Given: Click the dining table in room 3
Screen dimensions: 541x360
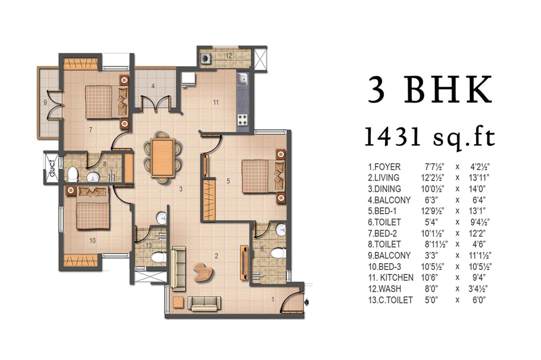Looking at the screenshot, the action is click(x=162, y=158).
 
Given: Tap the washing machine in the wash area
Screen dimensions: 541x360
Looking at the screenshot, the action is click(x=206, y=58).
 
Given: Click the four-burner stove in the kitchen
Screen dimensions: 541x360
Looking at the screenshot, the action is click(x=242, y=119).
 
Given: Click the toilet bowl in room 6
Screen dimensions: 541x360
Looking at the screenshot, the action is click(x=278, y=253).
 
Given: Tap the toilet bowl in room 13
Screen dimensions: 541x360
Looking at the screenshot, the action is click(x=158, y=258).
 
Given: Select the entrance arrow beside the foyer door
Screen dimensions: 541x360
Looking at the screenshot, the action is click(x=306, y=302).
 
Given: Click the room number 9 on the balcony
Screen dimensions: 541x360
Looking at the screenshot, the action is click(x=45, y=102).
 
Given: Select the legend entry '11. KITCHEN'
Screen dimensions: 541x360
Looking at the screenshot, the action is click(x=391, y=277).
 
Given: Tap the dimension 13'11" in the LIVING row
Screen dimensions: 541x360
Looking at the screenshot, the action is click(x=480, y=178).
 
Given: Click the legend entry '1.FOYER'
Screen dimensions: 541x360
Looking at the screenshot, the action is click(x=384, y=167).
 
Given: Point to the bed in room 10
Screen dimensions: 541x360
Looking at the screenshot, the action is click(x=92, y=208).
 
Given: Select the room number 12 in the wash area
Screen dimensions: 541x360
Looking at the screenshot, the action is click(x=229, y=56).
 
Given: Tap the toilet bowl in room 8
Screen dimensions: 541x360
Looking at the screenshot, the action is click(x=73, y=174).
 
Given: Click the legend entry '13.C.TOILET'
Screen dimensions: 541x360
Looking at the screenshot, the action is click(x=390, y=300).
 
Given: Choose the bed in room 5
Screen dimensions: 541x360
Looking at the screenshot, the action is click(x=264, y=176).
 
